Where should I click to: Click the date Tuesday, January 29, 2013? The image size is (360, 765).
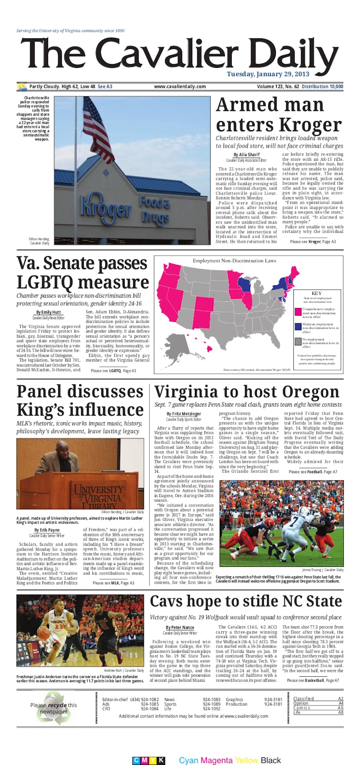(268, 74)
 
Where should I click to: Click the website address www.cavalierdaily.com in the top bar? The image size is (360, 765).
(180, 86)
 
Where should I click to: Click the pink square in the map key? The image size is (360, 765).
(298, 312)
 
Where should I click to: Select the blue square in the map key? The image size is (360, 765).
(298, 326)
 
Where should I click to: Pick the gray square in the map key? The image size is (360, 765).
(298, 341)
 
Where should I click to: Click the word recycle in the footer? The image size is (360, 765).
(58, 705)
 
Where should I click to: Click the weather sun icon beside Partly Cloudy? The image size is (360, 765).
(22, 86)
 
